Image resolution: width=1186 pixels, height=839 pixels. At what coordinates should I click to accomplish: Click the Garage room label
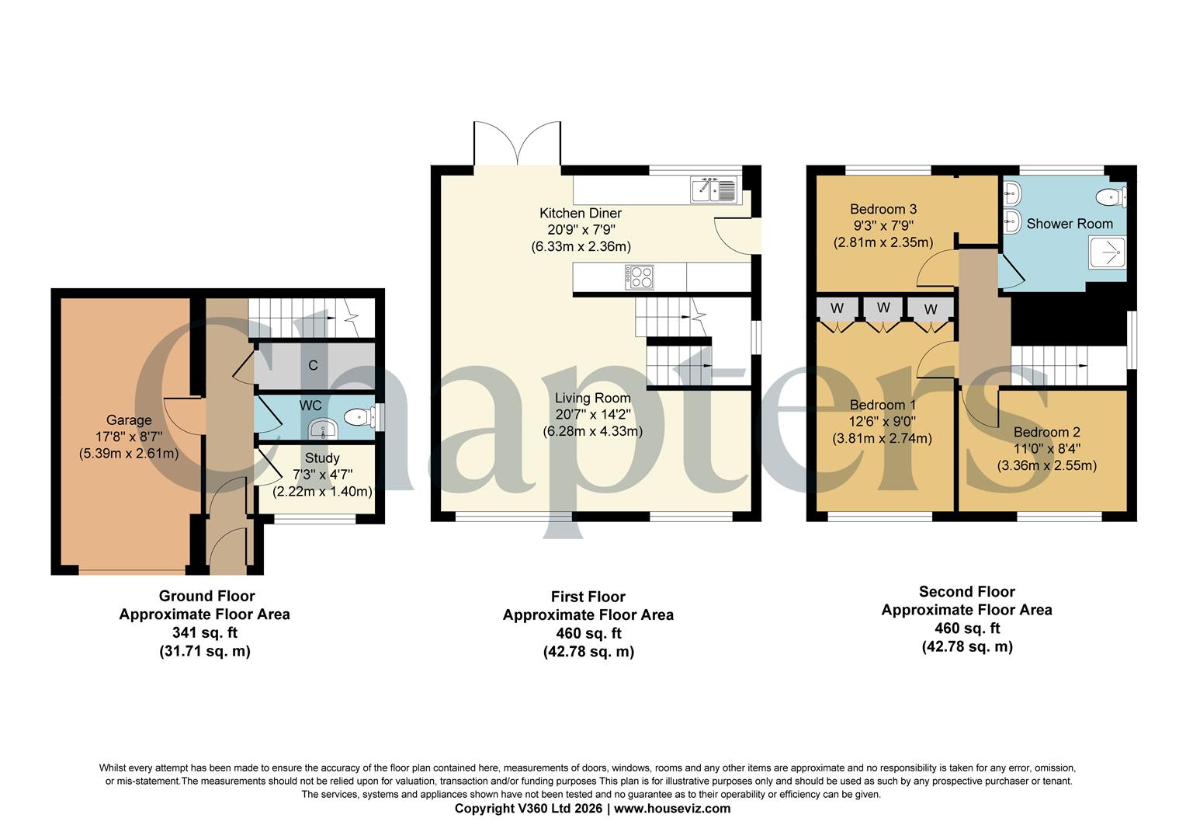(130, 420)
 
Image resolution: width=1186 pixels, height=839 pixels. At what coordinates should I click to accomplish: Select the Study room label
(321, 458)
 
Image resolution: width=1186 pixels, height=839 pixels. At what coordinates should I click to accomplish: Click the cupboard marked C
(313, 365)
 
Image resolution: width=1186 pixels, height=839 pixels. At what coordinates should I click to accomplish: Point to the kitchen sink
(713, 189)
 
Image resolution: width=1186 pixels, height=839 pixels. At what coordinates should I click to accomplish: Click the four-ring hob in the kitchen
(640, 277)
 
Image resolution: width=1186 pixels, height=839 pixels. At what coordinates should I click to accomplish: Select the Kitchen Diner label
(581, 213)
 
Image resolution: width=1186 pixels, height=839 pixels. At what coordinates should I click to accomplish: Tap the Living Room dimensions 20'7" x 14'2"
(592, 415)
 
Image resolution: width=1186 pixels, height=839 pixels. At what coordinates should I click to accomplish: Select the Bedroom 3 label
(883, 209)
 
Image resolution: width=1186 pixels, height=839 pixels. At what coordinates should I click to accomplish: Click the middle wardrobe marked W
(883, 308)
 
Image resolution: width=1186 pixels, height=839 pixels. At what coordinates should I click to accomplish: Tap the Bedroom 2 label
(1046, 433)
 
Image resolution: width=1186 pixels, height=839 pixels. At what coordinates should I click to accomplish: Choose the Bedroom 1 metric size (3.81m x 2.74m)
(883, 438)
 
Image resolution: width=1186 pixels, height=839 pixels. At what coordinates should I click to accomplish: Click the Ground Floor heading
(206, 596)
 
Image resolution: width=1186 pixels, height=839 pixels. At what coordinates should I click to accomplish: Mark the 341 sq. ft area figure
(205, 632)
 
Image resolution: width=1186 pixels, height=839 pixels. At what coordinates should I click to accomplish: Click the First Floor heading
(588, 597)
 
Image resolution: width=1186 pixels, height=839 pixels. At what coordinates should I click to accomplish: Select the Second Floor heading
(966, 591)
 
